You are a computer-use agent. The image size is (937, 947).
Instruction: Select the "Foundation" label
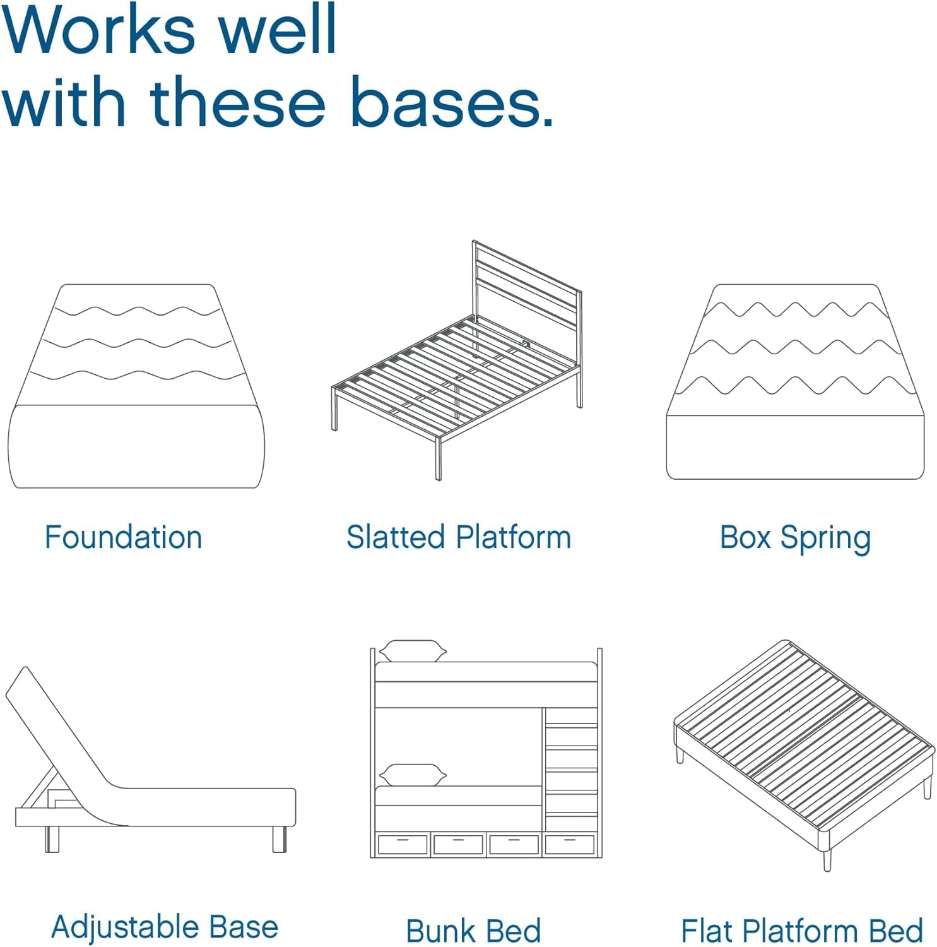[124, 537]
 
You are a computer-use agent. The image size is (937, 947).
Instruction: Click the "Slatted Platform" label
[459, 537]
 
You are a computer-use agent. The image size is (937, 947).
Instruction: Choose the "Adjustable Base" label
[165, 927]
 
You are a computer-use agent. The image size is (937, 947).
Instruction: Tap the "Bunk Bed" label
[474, 931]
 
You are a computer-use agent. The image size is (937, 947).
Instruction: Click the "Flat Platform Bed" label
[802, 931]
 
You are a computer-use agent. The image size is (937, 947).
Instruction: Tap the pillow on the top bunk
[413, 651]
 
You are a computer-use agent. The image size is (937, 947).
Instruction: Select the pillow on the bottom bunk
[413, 775]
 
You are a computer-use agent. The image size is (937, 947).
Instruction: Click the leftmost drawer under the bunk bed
[403, 844]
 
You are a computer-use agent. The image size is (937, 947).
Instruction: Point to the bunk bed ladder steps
[571, 770]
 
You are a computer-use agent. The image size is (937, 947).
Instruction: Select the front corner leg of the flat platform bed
[827, 859]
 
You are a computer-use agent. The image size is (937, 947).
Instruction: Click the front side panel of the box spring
[795, 447]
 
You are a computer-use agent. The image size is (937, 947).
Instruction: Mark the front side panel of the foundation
[136, 447]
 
